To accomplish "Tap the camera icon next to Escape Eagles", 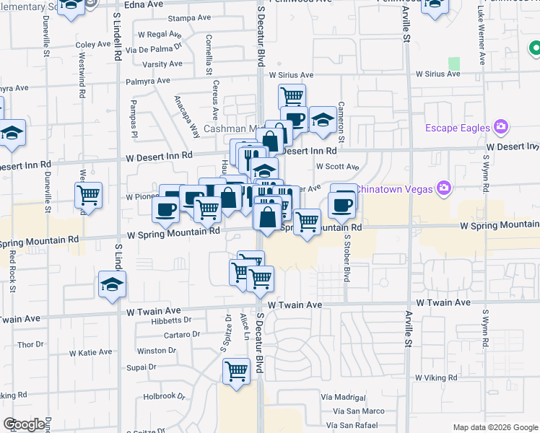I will click(500, 128).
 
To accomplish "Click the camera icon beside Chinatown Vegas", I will click(443, 188).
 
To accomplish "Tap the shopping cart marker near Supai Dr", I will click(236, 372).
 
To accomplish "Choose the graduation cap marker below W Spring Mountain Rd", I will click(112, 284).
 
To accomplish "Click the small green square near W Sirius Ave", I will click(453, 64).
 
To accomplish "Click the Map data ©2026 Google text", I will click(495, 427).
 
